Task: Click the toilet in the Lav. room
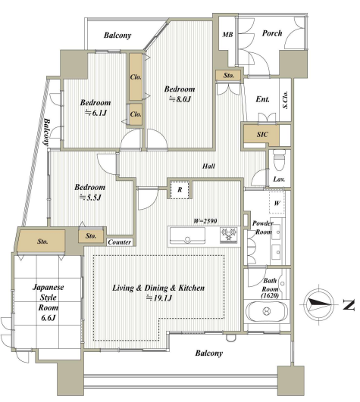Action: click(x=279, y=160)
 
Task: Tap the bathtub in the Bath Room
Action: click(x=267, y=311)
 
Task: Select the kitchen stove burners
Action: click(x=228, y=235)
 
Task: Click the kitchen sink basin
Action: click(x=187, y=236)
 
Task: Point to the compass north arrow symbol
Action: click(x=319, y=304)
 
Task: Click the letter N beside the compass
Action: click(x=349, y=305)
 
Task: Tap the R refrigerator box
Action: click(x=180, y=189)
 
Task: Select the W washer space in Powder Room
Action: click(x=277, y=203)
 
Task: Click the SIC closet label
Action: click(x=262, y=134)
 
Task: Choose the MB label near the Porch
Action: click(x=227, y=34)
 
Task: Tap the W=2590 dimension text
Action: click(x=205, y=221)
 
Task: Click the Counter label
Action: click(x=120, y=242)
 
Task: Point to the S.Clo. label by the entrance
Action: click(x=285, y=100)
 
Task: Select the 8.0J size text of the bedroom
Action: click(x=180, y=99)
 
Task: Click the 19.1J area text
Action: click(x=158, y=298)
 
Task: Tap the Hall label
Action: click(x=208, y=166)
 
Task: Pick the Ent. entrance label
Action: click(x=262, y=99)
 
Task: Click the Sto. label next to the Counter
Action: click(x=91, y=235)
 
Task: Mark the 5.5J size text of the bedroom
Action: click(x=90, y=198)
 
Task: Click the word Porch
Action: click(x=272, y=33)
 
